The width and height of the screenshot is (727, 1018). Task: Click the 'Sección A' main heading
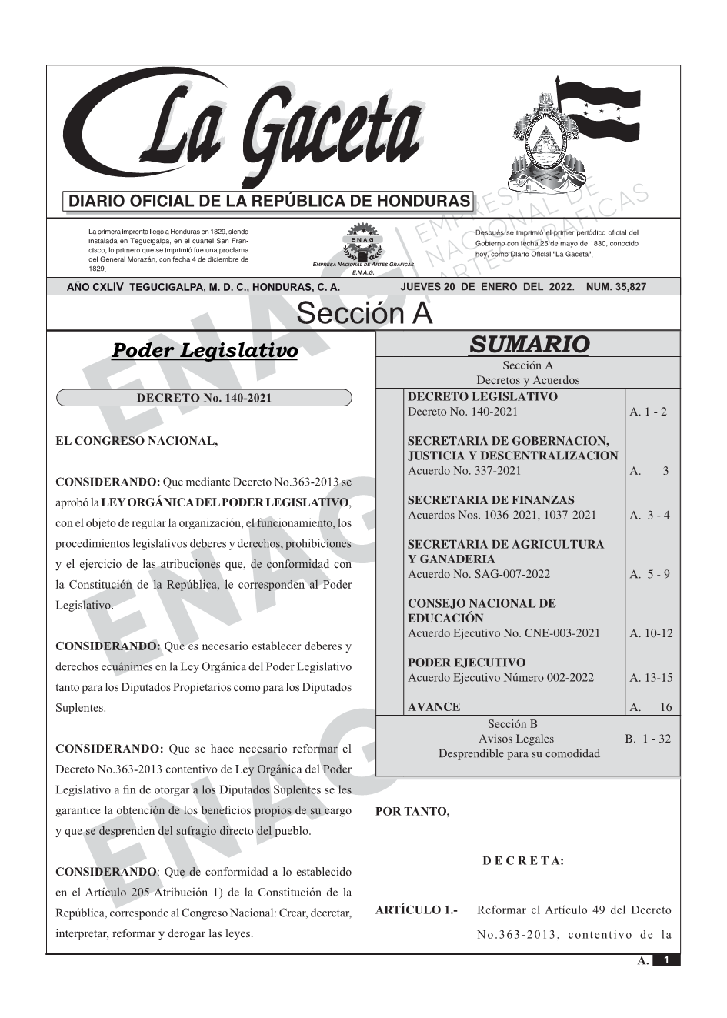point(364,313)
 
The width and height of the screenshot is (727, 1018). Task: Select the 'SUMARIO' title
point(529,344)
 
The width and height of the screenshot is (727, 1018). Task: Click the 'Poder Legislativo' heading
point(205,351)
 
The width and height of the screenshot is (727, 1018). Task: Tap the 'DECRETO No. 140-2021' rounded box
point(204,398)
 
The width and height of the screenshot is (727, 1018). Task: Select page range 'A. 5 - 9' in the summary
point(649,574)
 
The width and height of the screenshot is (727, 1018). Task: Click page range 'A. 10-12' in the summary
point(651,633)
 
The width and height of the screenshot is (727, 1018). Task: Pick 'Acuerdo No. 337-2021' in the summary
point(464,471)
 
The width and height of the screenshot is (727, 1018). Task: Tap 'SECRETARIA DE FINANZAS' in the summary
point(491,500)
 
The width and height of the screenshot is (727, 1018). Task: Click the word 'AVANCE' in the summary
point(434,706)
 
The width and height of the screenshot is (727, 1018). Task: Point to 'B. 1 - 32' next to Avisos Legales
point(647,739)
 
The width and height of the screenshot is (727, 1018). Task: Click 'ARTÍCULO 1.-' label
point(416,910)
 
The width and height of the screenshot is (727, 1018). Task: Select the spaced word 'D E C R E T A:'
point(523,860)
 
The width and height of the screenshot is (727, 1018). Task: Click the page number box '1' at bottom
point(666,960)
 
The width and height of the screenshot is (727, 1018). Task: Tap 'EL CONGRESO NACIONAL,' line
point(137,441)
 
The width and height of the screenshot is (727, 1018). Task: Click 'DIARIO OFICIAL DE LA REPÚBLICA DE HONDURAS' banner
point(269,202)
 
